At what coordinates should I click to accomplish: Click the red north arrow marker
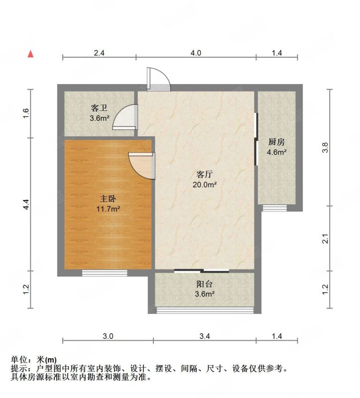tap(30, 54)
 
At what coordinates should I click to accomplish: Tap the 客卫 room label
tap(99, 108)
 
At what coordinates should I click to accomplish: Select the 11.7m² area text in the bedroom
tap(108, 209)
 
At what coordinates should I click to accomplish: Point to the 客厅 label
tap(204, 175)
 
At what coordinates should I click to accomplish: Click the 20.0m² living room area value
tap(205, 185)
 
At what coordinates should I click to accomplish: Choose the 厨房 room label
tap(276, 142)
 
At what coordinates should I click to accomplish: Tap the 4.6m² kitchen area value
tap(277, 152)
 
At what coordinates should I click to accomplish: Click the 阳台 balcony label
tap(205, 284)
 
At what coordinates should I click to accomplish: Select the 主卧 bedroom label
tap(108, 199)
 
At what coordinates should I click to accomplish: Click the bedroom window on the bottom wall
tap(105, 273)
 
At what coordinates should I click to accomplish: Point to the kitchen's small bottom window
tap(275, 208)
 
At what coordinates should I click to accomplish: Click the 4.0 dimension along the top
tap(196, 53)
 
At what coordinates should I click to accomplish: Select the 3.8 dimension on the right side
tap(325, 147)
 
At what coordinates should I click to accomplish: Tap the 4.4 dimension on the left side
tap(26, 204)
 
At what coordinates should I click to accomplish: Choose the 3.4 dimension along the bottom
tap(205, 336)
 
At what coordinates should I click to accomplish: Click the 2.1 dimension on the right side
tap(325, 239)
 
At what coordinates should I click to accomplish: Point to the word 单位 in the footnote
tap(19, 360)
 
